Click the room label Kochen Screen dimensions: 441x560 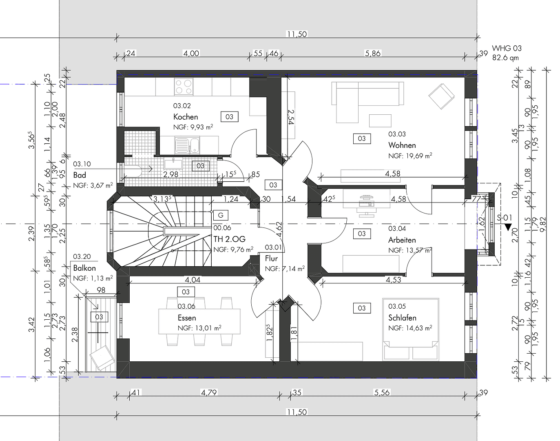pos(186,117)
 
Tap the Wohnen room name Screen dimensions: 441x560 pos(402,145)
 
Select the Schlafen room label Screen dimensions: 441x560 pos(402,318)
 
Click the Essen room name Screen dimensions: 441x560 pos(187,318)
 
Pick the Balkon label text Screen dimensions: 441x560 pos(84,268)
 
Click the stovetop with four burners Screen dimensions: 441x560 pos(184,87)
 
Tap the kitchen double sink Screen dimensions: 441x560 pos(187,145)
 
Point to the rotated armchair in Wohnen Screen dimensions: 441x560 pos(441,96)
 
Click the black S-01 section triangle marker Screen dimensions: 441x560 pos(507,227)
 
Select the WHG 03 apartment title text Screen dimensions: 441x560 pos(507,48)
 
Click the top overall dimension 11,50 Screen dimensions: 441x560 pos(297,34)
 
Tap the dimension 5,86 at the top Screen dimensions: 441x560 pos(372,53)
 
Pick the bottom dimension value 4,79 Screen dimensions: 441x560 pos(208,392)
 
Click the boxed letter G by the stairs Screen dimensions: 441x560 pos(221,215)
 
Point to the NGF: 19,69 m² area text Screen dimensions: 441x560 pos(410,156)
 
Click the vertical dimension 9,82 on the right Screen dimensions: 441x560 pos(542,224)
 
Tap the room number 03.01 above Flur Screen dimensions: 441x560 pos(273,247)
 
